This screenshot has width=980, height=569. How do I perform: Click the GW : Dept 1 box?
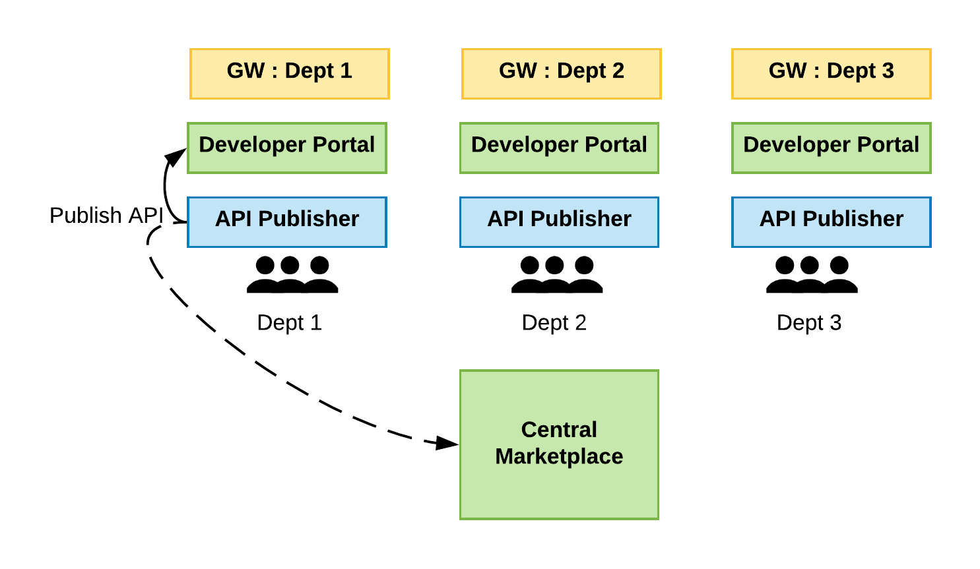(x=289, y=73)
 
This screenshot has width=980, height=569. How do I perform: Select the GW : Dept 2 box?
(x=561, y=73)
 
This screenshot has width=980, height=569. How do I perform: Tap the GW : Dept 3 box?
(x=831, y=73)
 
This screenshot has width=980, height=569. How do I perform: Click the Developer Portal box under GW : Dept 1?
(x=286, y=148)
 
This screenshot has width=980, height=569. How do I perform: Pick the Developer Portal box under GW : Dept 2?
(x=559, y=148)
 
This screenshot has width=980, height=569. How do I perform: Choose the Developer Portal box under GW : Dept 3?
(x=831, y=148)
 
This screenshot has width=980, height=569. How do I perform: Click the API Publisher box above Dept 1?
(x=286, y=222)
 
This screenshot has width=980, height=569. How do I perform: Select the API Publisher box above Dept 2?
(x=559, y=222)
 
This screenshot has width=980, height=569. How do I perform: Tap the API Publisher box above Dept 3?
(x=831, y=222)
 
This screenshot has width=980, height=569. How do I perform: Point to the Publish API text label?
(x=106, y=216)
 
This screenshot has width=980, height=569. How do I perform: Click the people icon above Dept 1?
(x=292, y=275)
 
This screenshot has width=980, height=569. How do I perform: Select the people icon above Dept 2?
(x=557, y=275)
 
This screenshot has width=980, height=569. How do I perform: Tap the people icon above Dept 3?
(x=812, y=275)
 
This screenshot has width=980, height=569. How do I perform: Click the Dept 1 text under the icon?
(x=289, y=322)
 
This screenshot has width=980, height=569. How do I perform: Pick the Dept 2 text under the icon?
(x=554, y=322)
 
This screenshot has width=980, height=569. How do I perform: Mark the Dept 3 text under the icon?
(x=808, y=322)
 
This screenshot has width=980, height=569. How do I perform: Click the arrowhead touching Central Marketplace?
(x=447, y=443)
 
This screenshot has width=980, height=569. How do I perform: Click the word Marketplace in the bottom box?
(x=559, y=456)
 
